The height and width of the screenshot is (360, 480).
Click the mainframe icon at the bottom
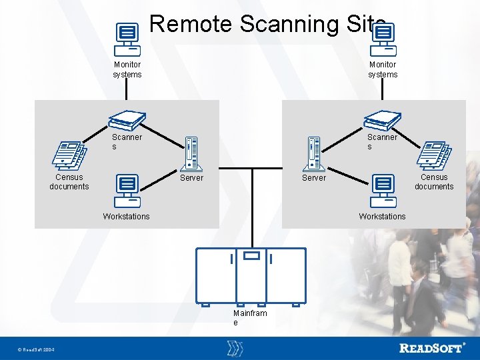pyautogui.click(x=251, y=275)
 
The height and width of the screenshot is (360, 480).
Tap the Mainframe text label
pyautogui.click(x=250, y=317)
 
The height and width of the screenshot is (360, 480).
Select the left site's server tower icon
pyautogui.click(x=192, y=153)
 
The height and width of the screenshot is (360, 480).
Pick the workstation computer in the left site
pyautogui.click(x=127, y=191)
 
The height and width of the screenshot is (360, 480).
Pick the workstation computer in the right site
pyautogui.click(x=383, y=191)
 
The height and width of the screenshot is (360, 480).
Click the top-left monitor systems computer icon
pyautogui.click(x=127, y=39)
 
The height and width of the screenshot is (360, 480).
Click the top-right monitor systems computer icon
pyautogui.click(x=383, y=39)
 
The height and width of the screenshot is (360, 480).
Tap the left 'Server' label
pyautogui.click(x=192, y=178)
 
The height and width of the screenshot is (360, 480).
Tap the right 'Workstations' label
pyautogui.click(x=382, y=216)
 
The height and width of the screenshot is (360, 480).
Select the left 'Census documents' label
pyautogui.click(x=69, y=182)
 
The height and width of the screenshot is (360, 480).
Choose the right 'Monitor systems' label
pyautogui.click(x=383, y=69)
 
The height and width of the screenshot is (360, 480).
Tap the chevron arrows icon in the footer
pyautogui.click(x=235, y=348)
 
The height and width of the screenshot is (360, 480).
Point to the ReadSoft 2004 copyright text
pyautogui.click(x=36, y=350)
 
